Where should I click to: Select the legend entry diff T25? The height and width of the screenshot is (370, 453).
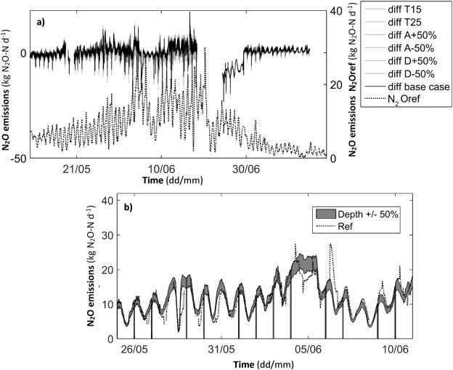(410, 25)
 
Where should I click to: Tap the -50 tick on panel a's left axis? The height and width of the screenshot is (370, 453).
(19, 158)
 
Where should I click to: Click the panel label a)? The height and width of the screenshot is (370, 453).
(41, 21)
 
